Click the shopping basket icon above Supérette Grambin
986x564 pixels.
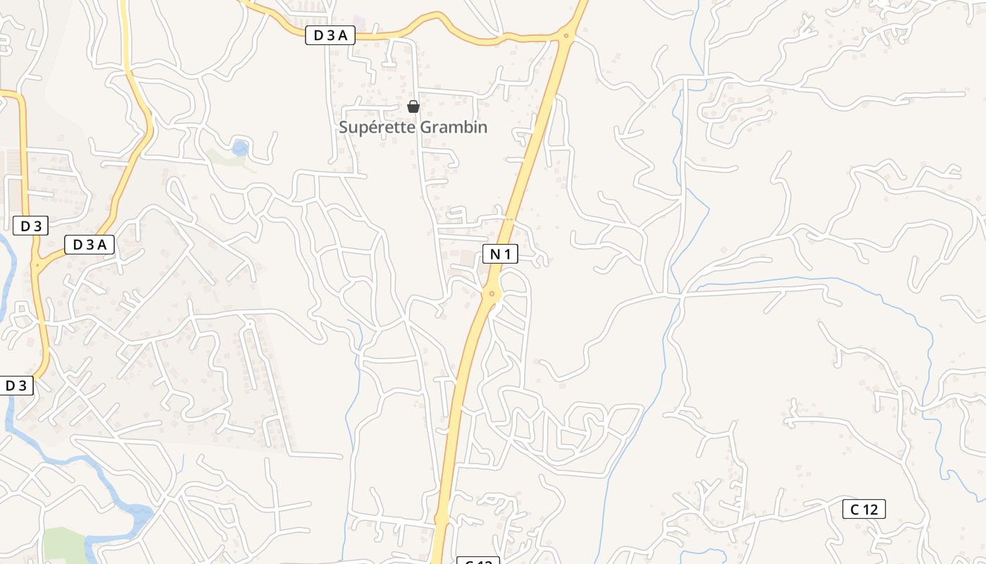413,107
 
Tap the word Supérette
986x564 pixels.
377,128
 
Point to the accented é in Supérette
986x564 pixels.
377,128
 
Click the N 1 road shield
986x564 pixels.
500,254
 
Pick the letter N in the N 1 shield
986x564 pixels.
494,254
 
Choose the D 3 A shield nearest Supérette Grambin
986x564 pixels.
330,35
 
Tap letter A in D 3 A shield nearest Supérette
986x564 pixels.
343,35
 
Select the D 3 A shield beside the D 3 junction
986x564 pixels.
89,245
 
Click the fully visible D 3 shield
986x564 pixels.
31,226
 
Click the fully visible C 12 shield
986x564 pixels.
863,509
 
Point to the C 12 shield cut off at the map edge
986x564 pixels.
478,561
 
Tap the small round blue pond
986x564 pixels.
240,149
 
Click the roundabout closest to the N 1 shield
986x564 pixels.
492,294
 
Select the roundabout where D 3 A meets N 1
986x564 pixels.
566,35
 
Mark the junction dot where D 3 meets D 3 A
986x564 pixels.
37,265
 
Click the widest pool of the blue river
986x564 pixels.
141,513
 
